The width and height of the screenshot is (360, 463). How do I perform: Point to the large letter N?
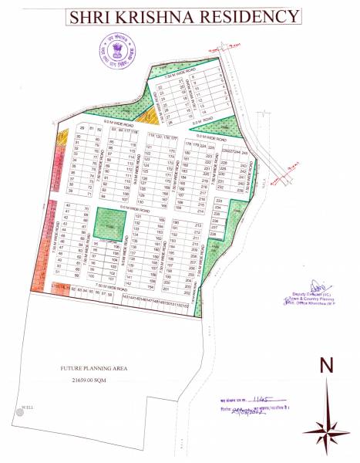click(x=327, y=365)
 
